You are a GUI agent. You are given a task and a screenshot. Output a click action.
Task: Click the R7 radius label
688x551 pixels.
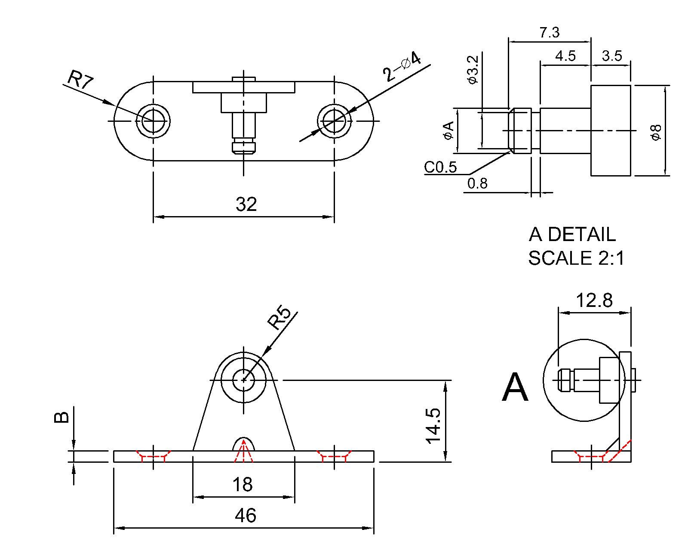point(80,80)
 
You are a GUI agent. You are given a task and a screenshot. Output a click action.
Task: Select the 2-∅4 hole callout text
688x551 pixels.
point(402,66)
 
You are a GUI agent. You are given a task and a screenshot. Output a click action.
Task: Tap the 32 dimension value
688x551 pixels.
point(246,204)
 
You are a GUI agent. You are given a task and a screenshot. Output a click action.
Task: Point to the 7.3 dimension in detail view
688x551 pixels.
point(549,33)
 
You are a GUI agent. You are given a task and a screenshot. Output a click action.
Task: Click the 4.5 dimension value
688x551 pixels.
point(565,56)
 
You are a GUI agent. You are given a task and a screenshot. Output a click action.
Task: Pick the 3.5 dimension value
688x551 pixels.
point(611,56)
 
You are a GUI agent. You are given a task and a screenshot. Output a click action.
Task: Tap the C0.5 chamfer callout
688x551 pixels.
point(440,167)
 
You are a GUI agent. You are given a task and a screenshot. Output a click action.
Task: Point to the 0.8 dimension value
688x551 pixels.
point(477,184)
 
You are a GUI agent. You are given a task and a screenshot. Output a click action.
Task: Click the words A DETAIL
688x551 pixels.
point(572,235)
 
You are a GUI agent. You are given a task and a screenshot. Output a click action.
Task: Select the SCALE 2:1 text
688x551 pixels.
point(576,258)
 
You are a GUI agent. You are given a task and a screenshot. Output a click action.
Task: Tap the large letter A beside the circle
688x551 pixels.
point(515,388)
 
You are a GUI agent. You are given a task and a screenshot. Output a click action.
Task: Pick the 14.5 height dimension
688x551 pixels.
point(433,426)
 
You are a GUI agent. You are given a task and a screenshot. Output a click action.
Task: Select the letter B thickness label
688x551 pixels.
point(61,417)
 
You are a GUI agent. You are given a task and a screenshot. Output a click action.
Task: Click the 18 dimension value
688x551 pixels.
point(243,485)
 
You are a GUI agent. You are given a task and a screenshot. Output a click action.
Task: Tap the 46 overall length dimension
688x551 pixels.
point(246,515)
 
